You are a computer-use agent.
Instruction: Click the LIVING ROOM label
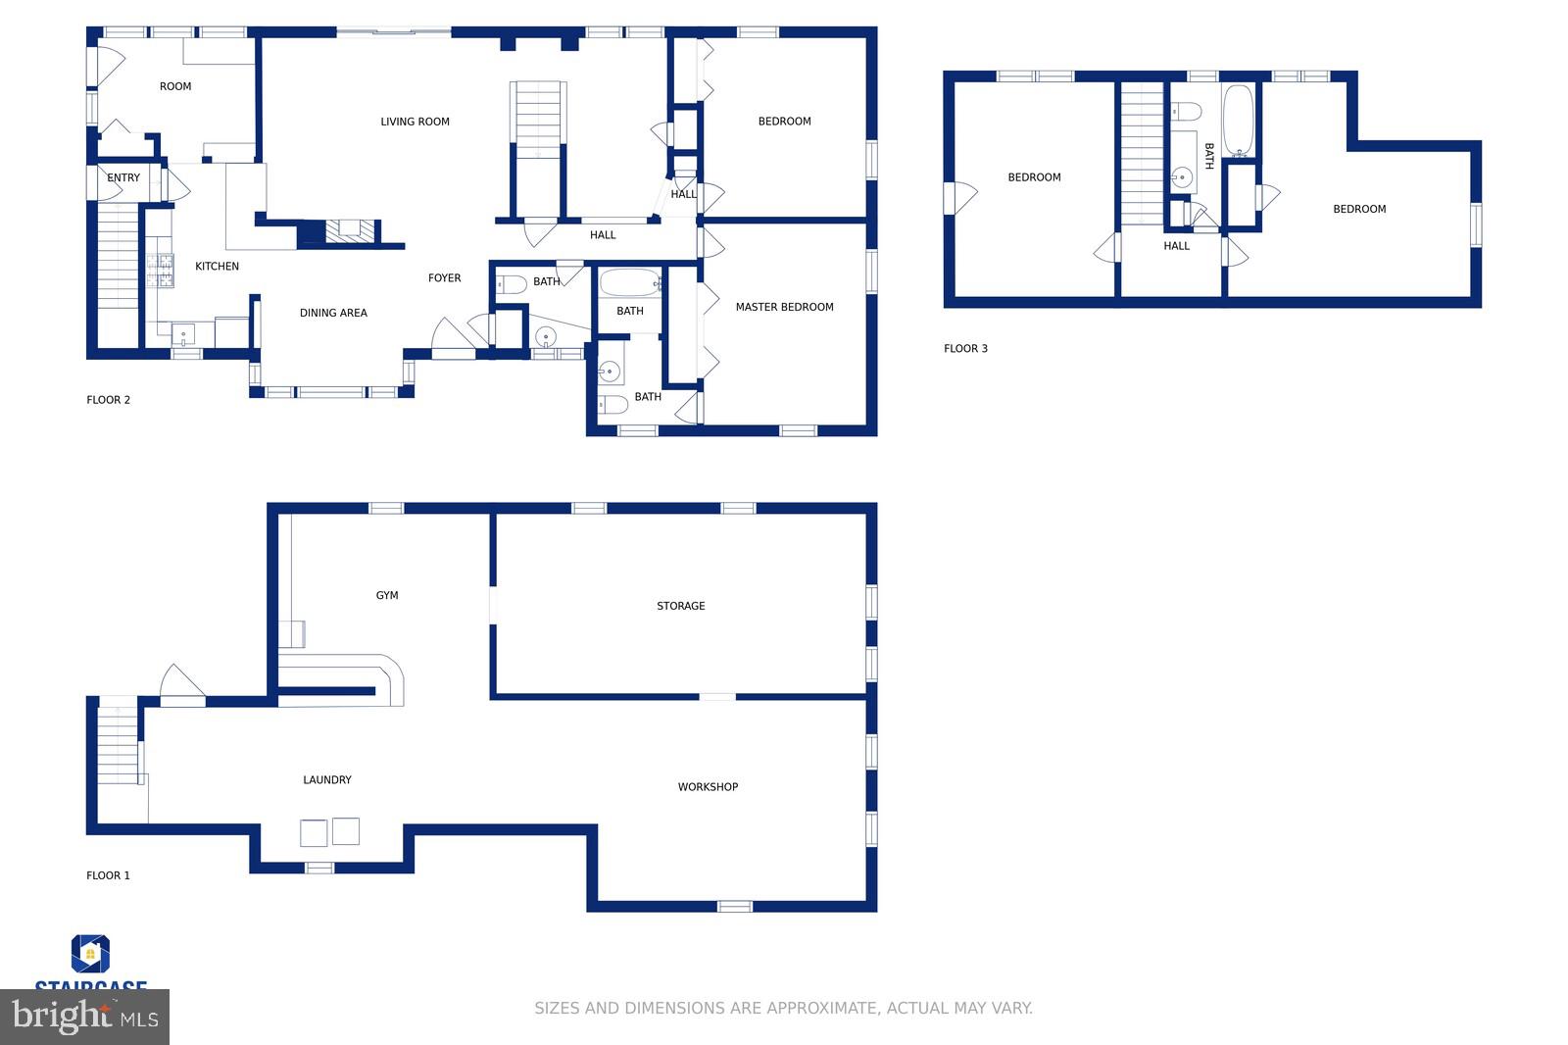click(415, 122)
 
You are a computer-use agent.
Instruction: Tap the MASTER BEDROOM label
click(784, 307)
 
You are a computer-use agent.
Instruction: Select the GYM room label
click(387, 595)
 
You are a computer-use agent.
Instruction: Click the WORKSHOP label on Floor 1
click(708, 786)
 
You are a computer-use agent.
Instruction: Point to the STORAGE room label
click(680, 606)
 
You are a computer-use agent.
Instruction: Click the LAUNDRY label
click(326, 779)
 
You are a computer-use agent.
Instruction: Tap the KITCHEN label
click(217, 266)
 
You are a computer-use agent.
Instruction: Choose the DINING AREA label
click(333, 313)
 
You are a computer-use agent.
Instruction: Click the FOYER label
click(444, 277)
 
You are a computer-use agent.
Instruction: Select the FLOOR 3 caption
click(965, 348)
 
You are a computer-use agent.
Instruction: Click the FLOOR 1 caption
click(108, 875)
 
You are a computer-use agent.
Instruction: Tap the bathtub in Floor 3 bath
click(1239, 120)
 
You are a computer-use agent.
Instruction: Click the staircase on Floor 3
click(1142, 152)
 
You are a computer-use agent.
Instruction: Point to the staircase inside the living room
click(538, 120)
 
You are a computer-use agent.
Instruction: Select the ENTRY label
click(123, 177)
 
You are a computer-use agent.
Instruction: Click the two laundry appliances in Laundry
click(329, 831)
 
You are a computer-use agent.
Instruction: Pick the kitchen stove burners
click(160, 271)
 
